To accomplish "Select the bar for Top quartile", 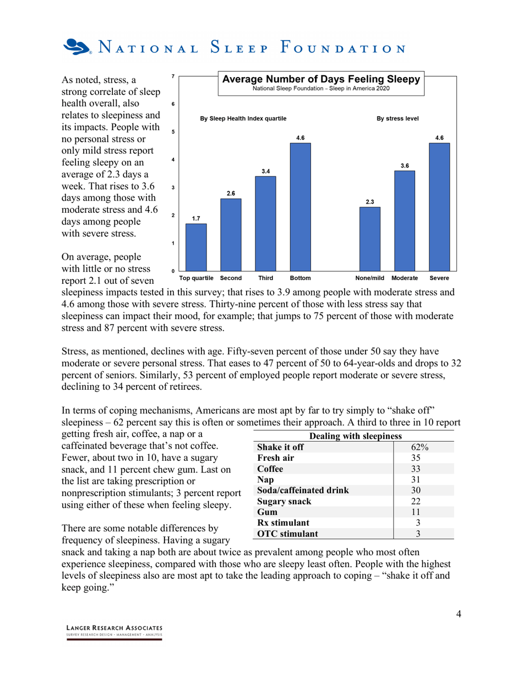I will pos(196,247).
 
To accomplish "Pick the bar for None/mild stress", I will pos(369,239).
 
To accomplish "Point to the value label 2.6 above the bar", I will pos(231,193).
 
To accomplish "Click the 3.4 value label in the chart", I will pos(265,171).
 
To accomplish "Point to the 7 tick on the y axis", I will pos(173,76).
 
